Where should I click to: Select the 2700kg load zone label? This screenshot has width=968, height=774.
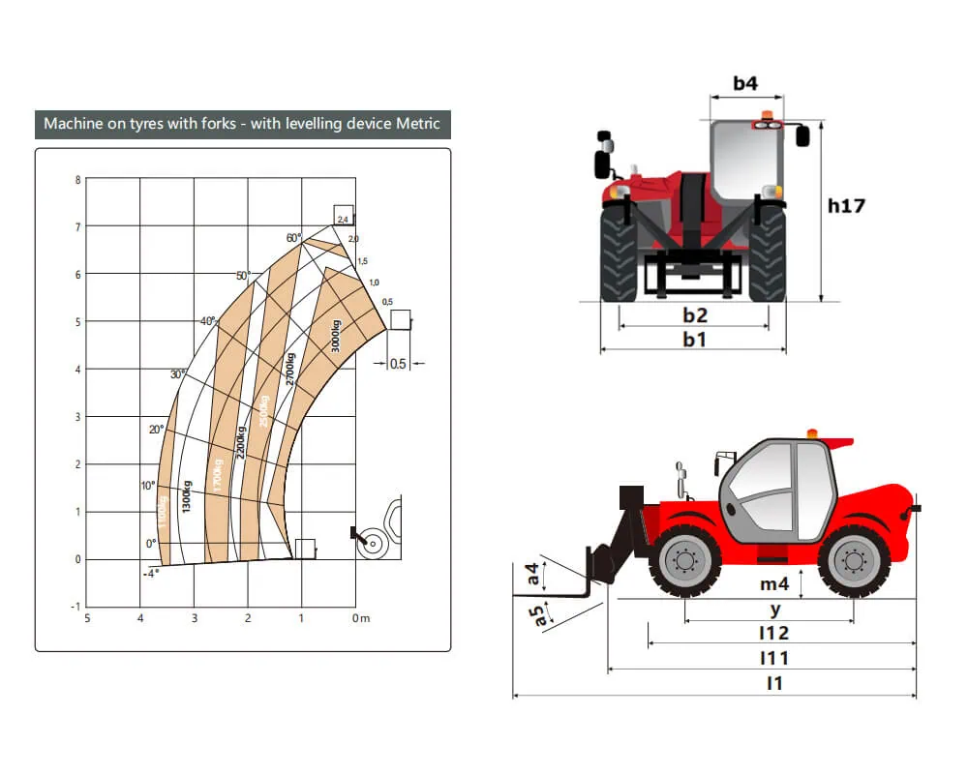coord(289,369)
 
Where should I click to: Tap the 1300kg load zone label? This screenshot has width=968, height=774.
coord(187,496)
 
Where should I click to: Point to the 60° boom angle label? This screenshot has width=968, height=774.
coord(293,237)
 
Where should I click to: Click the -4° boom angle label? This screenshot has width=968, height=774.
coord(150,573)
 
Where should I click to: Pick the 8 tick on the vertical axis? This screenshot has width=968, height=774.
coord(77,180)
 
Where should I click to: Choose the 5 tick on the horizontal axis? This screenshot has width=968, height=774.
coord(87,618)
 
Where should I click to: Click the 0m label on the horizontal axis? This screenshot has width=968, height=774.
coord(360,618)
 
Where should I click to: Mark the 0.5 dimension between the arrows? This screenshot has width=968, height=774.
coord(398,365)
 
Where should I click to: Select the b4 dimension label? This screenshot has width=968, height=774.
coord(744,83)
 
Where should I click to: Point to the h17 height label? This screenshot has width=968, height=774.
coord(846,205)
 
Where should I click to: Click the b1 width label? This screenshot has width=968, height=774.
coord(694,339)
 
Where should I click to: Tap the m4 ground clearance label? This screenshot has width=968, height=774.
coord(774,583)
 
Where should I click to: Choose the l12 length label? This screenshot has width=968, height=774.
coord(774,633)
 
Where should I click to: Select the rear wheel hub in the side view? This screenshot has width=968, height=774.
coord(853,561)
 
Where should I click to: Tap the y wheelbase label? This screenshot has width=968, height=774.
coord(774,610)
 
